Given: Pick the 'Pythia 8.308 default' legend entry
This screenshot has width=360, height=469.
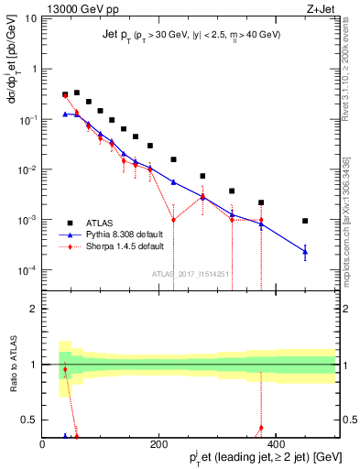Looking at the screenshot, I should pyautogui.click(x=124, y=234).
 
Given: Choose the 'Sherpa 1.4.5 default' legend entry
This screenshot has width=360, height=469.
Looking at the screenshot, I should pyautogui.click(x=125, y=247).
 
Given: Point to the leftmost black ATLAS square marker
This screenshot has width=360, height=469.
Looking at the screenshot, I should pyautogui.click(x=65, y=94).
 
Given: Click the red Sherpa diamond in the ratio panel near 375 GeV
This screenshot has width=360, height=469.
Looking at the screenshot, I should pyautogui.click(x=261, y=428).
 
